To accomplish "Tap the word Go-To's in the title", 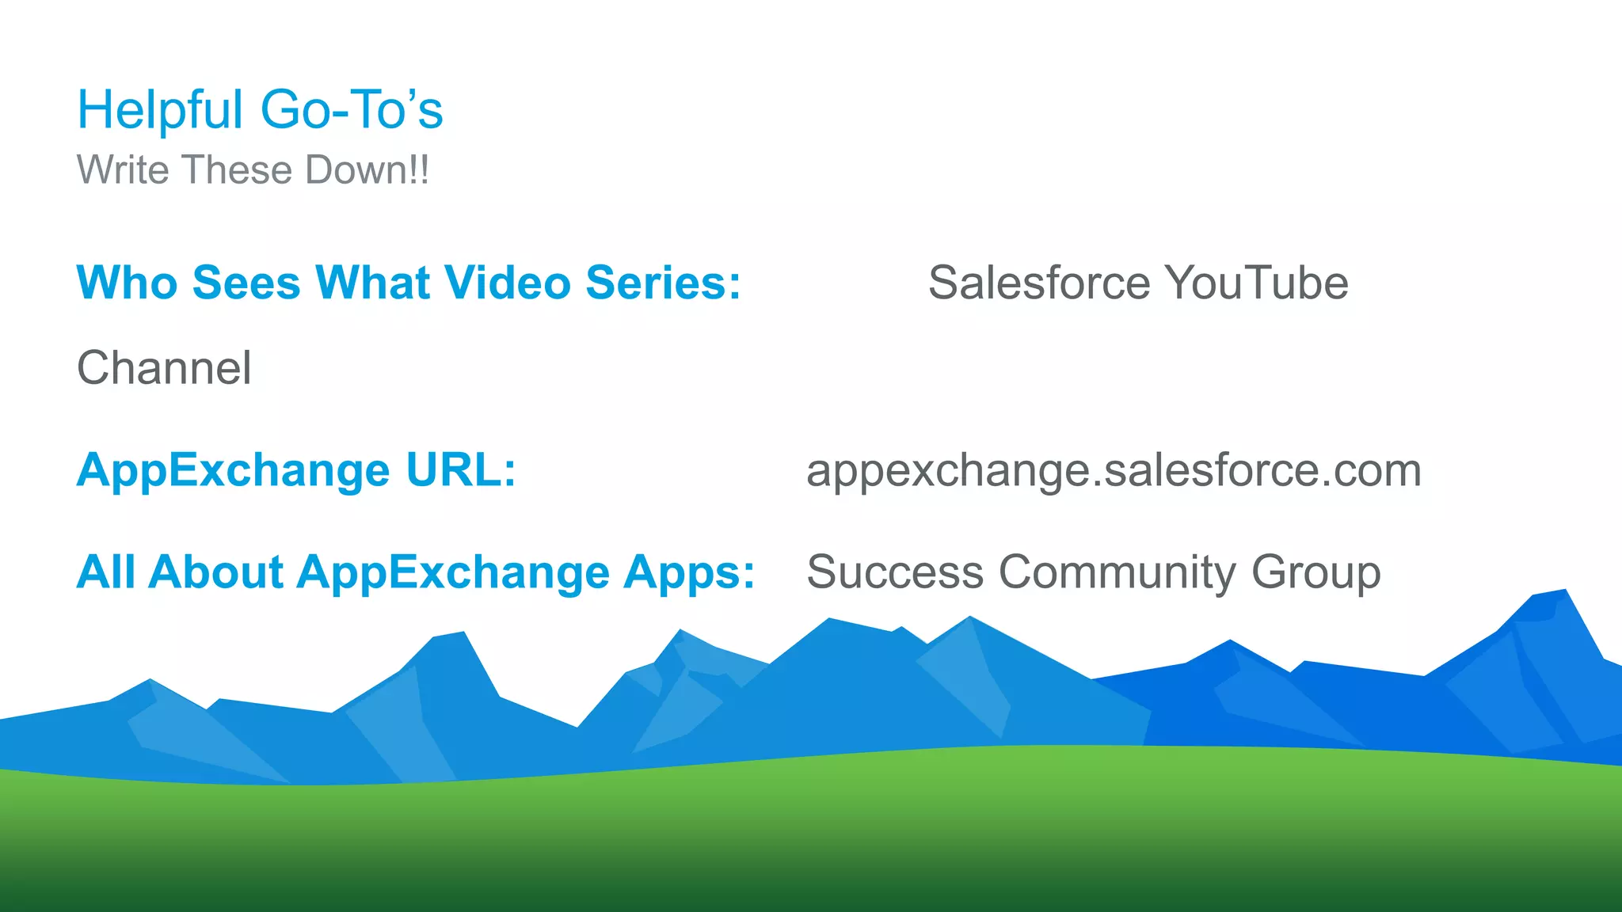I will (352, 110).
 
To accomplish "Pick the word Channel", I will (164, 368).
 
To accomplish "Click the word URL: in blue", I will (461, 470).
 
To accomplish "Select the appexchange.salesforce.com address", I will (1114, 470).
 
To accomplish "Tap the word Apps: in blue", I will (689, 572).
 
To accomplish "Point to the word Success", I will (895, 572).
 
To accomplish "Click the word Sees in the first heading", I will (246, 283).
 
